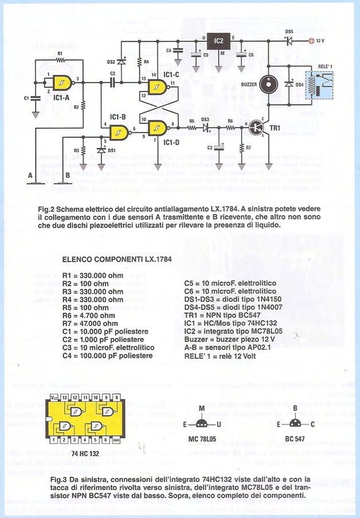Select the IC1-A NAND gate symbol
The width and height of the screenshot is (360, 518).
pos(60,83)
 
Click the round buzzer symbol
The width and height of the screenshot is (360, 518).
pos(267,85)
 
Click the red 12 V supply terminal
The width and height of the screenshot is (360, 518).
pos(311,41)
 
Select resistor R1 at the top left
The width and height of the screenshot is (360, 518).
pos(61,60)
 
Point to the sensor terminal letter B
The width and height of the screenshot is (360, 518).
pos(67,174)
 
